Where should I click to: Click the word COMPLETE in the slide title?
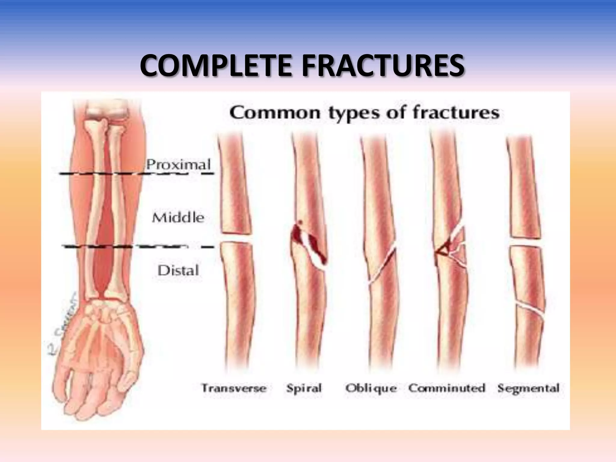click(x=215, y=66)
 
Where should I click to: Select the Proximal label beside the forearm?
click(x=178, y=165)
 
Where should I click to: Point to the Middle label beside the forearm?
click(x=178, y=217)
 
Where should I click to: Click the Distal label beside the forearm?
click(x=178, y=270)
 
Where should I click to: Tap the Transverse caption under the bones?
click(x=234, y=388)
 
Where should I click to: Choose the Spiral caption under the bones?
click(x=304, y=388)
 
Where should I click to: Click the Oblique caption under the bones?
click(x=371, y=388)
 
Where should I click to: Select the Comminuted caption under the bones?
click(x=447, y=388)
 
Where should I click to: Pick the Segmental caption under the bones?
click(x=528, y=388)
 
